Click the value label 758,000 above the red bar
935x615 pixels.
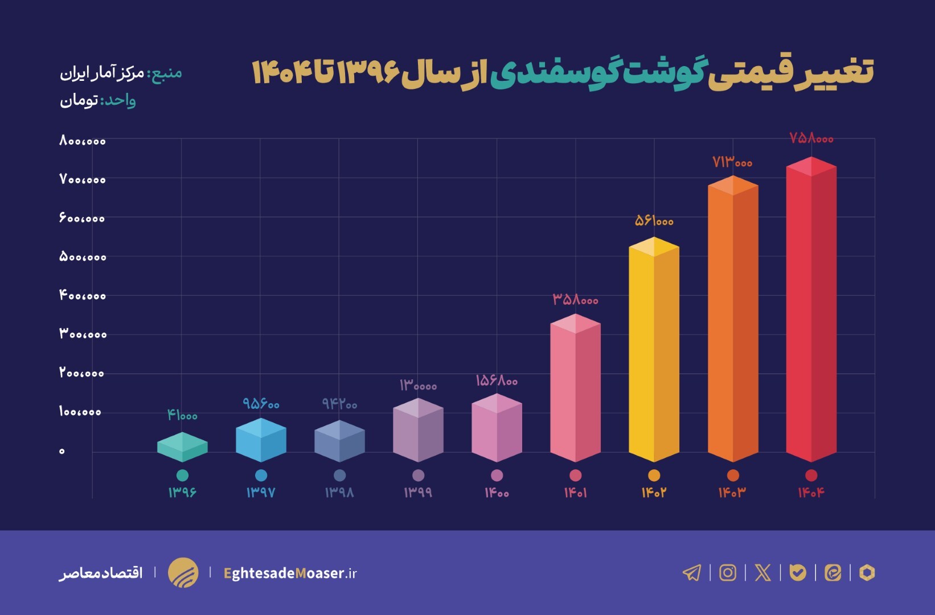(811, 138)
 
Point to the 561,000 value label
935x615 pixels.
(654, 220)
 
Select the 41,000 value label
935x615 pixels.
(182, 415)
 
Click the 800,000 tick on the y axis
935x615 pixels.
(83, 140)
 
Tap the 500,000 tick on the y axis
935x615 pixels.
(83, 257)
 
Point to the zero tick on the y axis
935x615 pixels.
(62, 451)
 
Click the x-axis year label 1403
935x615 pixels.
(732, 493)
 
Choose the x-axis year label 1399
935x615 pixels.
(418, 493)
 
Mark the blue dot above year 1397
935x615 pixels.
(261, 475)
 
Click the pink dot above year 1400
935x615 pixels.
(497, 475)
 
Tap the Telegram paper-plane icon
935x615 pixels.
(692, 572)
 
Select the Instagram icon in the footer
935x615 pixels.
(728, 572)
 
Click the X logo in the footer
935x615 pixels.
(762, 572)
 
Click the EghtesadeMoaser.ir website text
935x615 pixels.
(290, 573)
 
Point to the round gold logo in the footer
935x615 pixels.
(183, 572)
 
